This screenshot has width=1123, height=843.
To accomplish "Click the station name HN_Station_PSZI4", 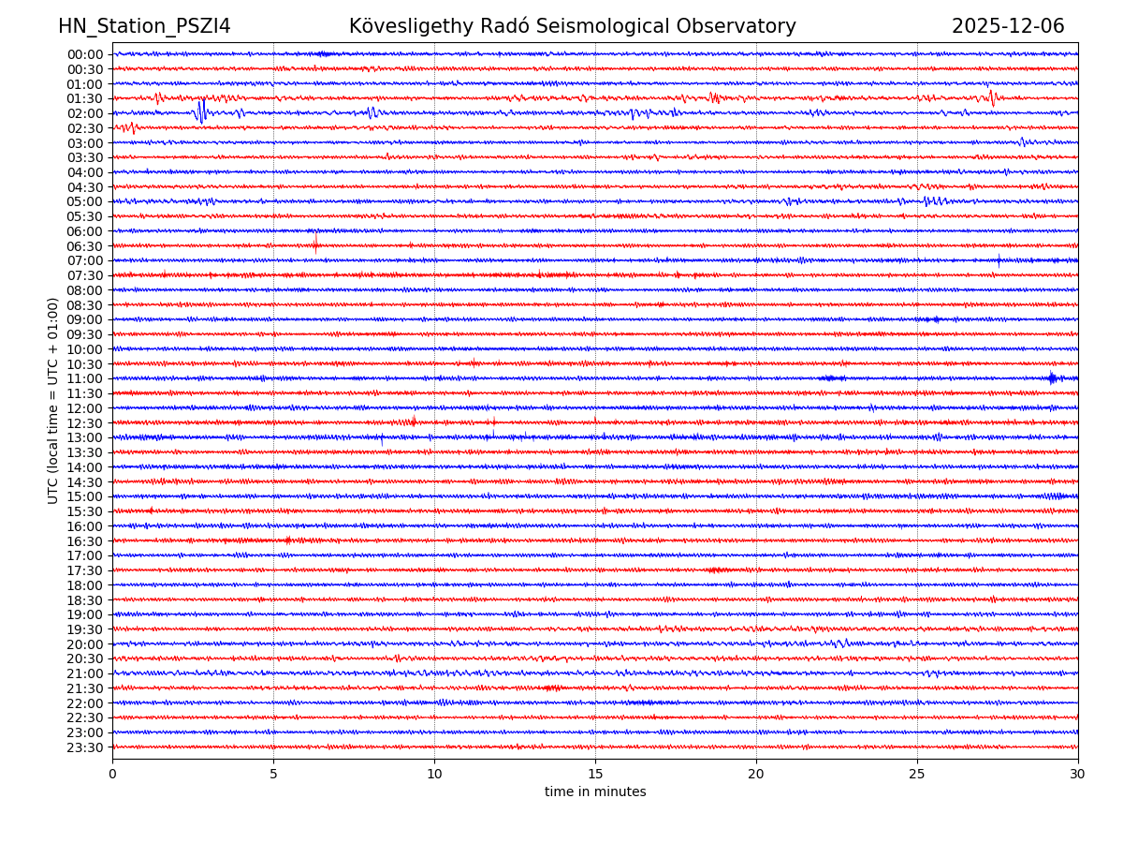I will (144, 27).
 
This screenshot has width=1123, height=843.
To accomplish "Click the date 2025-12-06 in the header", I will (1008, 27).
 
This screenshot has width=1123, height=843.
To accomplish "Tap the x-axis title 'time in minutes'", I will (595, 792).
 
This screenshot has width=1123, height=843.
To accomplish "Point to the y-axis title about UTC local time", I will (53, 401).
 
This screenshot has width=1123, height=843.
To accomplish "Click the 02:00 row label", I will (85, 113).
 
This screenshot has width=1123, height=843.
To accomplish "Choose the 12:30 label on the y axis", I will (85, 423).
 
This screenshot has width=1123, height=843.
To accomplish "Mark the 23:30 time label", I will (85, 747).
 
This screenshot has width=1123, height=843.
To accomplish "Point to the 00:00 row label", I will (85, 54).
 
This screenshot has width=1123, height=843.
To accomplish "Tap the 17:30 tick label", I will (85, 570).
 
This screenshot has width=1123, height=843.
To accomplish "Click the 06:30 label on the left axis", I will (85, 246).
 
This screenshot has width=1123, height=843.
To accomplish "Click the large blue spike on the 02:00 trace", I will (200, 112).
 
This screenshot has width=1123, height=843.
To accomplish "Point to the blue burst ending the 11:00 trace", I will (1053, 378).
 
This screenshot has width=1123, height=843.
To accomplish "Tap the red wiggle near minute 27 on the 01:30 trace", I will (991, 97).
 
